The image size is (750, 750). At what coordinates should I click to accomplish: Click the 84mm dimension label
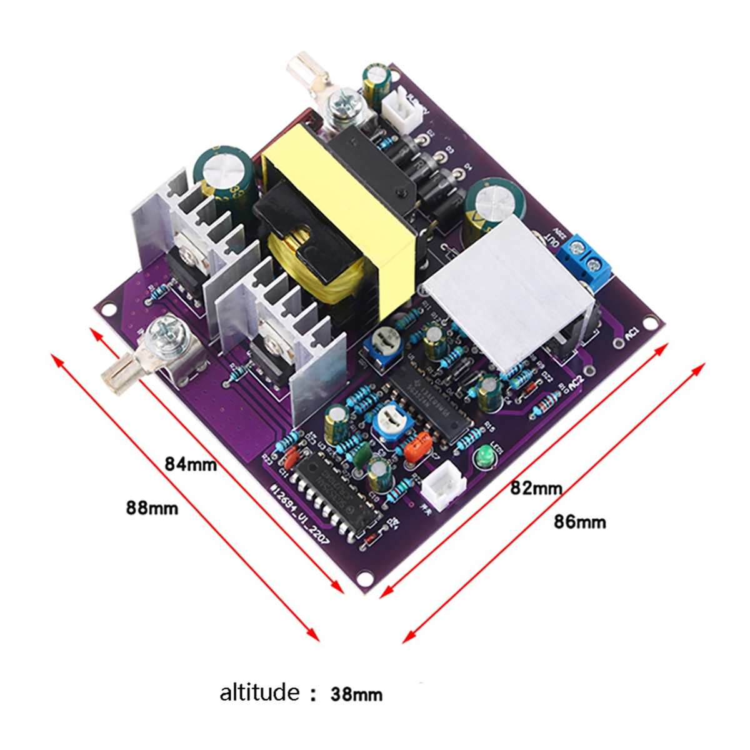pyautogui.click(x=191, y=464)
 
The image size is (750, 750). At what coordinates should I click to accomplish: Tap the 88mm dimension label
pyautogui.click(x=152, y=507)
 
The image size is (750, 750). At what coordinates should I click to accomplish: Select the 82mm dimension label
pyautogui.click(x=536, y=487)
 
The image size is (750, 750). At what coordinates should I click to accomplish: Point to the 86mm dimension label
pyautogui.click(x=579, y=521)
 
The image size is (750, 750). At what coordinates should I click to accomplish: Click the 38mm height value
pyautogui.click(x=356, y=694)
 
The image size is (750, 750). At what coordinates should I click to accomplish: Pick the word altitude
pyautogui.click(x=259, y=692)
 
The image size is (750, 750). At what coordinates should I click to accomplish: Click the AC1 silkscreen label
pyautogui.click(x=631, y=334)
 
